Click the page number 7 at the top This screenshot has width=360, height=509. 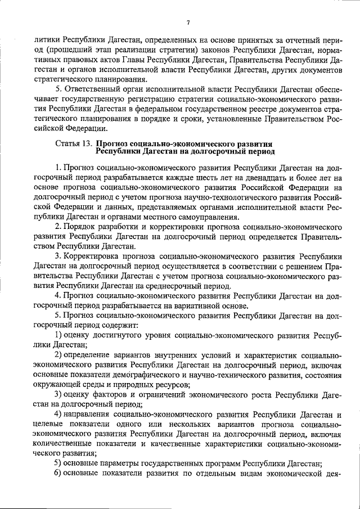click(188, 22)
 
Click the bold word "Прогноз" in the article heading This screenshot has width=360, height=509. click(114, 144)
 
